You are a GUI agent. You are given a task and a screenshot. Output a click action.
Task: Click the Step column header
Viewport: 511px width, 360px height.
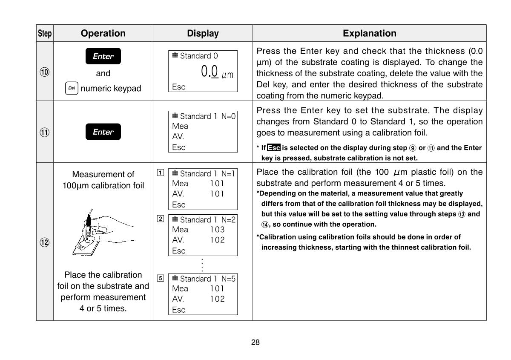[x=45, y=33]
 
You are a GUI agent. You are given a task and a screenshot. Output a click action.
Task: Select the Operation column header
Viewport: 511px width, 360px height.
[x=103, y=33]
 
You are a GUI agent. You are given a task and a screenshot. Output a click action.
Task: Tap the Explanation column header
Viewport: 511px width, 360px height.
[x=369, y=33]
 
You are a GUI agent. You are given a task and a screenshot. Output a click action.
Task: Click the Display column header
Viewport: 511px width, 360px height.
[x=203, y=33]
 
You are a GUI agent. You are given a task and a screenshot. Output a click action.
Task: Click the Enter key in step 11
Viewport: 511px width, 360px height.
[x=103, y=132]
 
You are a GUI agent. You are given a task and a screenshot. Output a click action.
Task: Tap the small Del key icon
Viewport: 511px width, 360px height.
[x=72, y=89]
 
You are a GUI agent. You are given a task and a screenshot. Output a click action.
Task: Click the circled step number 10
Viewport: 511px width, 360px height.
[x=45, y=72]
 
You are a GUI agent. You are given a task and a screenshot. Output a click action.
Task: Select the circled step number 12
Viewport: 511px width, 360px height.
[x=45, y=242]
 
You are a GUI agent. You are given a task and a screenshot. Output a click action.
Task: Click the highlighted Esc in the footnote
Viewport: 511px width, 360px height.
[x=274, y=148]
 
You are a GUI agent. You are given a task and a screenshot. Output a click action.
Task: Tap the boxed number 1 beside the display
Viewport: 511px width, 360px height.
[x=160, y=173]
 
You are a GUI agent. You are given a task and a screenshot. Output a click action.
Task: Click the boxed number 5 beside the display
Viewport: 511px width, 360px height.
[x=160, y=278]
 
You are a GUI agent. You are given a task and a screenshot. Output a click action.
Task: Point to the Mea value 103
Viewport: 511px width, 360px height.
[x=217, y=229]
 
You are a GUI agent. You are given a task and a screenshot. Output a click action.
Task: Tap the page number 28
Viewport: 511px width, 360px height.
[x=255, y=342]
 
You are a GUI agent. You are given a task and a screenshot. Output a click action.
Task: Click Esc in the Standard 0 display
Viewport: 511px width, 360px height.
[x=179, y=87]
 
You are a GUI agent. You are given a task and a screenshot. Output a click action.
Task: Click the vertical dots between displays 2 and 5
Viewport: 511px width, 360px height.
[x=203, y=265]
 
